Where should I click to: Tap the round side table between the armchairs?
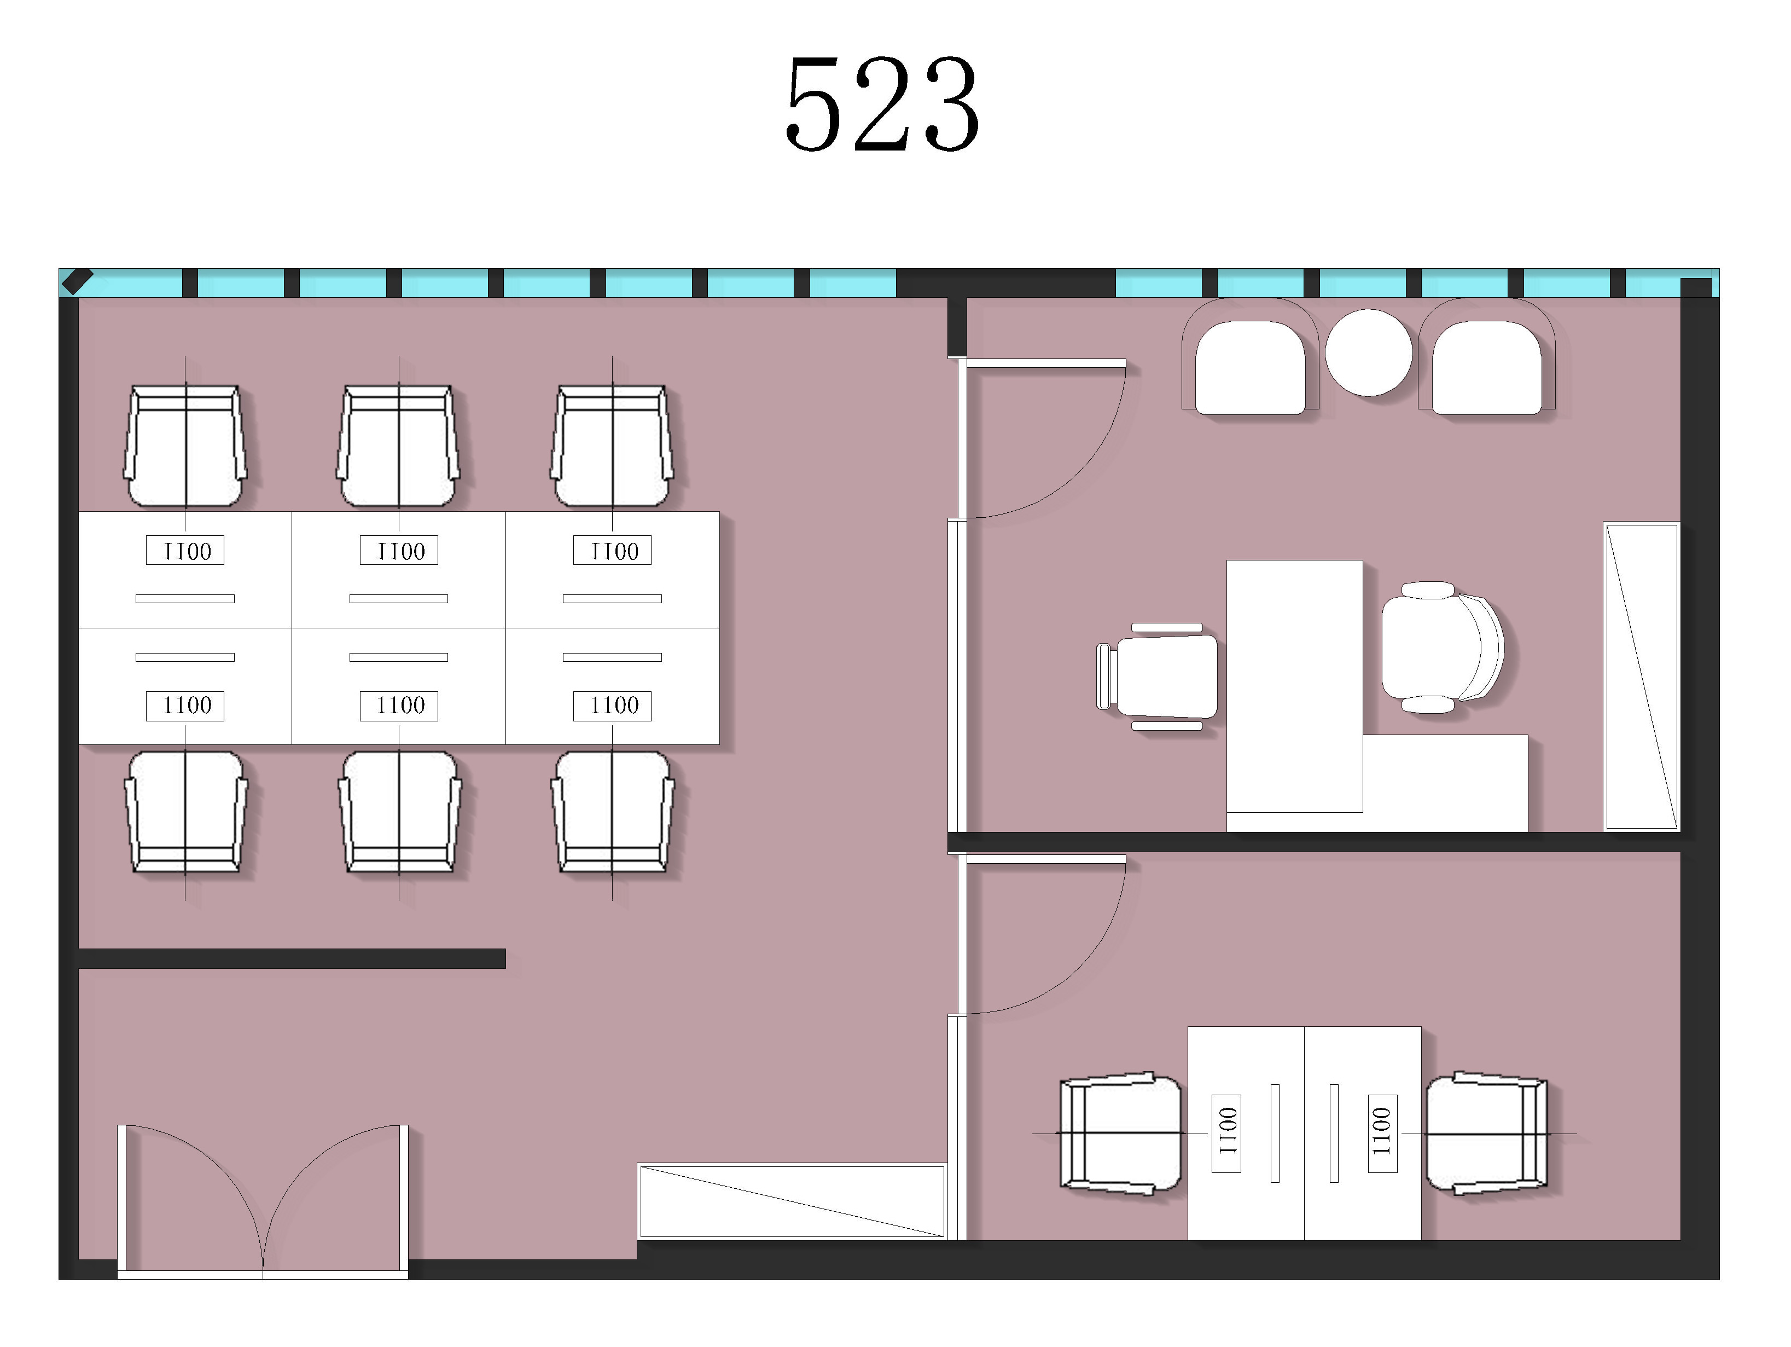point(1368,352)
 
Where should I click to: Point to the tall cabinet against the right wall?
point(1641,677)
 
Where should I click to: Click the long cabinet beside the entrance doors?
point(792,1201)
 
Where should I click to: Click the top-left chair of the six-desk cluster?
point(185,446)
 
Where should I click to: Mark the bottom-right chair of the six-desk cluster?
point(612,812)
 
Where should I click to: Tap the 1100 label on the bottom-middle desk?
point(399,706)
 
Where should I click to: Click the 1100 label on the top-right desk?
point(613,551)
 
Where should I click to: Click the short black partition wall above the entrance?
point(292,958)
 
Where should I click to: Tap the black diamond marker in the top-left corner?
point(78,281)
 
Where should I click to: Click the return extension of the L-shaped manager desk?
point(1445,783)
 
